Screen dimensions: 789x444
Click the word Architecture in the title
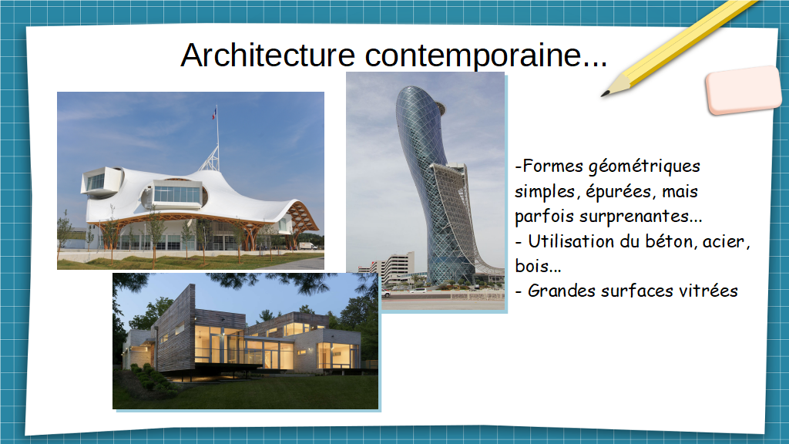[x=267, y=55]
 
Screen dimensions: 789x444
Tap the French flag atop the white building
[x=214, y=113]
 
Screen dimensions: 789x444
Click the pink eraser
[x=744, y=89]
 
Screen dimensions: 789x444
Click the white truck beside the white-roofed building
[x=307, y=246]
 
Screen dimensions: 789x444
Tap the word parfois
[x=545, y=217]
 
